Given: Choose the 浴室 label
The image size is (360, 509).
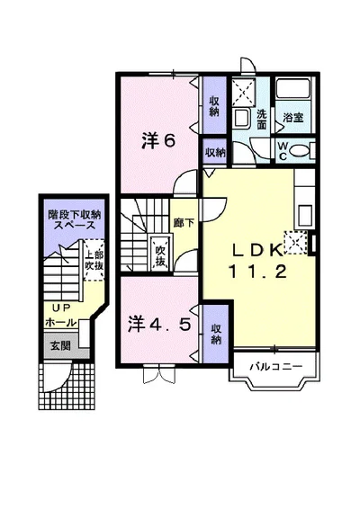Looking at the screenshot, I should pyautogui.click(x=293, y=116).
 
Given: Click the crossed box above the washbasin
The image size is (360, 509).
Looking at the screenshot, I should pyautogui.click(x=241, y=91).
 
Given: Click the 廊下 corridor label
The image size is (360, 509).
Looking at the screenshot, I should pyautogui.click(x=179, y=222).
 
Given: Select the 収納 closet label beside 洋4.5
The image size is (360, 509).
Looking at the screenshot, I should pyautogui.click(x=216, y=335).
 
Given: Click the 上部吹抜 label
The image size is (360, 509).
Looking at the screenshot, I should pyautogui.click(x=94, y=262).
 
